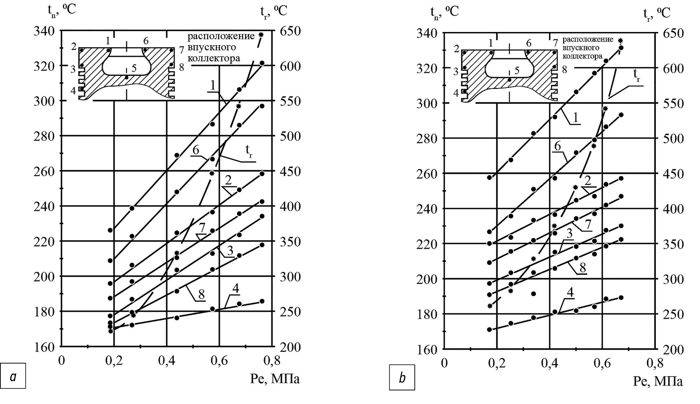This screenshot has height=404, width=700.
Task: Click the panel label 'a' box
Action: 14,376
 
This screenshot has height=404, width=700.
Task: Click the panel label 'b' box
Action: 402,377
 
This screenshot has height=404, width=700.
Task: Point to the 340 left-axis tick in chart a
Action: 44,31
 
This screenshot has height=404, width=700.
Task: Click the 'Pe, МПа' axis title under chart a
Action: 275,379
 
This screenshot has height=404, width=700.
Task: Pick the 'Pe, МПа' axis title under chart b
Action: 658,381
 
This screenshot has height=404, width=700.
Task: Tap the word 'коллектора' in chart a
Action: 214,58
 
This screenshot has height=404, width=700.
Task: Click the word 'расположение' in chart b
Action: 588,39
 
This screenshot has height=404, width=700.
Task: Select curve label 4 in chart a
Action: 236,289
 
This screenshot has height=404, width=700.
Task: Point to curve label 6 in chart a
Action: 195,150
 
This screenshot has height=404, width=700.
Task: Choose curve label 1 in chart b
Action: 576,118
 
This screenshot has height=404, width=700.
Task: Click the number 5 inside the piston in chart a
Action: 134,68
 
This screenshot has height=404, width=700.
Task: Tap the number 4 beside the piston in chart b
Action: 456,93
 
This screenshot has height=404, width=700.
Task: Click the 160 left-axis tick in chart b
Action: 427,349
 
